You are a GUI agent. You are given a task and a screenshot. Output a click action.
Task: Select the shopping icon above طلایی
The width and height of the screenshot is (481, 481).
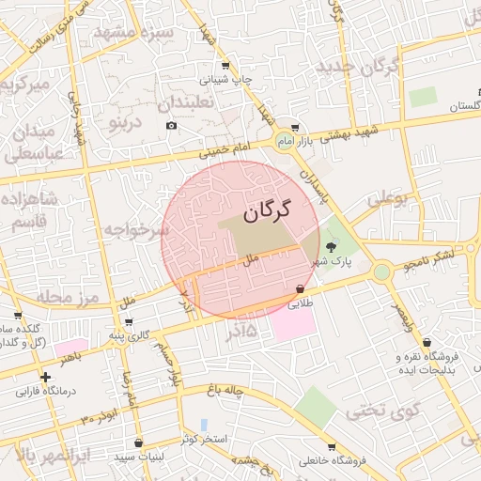click(x=300, y=289)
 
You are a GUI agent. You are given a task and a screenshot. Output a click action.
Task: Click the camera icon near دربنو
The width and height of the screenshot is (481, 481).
click(x=171, y=125)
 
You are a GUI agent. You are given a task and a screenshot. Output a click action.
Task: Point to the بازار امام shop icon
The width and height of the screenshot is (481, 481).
click(x=296, y=127)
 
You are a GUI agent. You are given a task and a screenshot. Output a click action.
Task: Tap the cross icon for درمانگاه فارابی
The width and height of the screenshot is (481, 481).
click(x=44, y=376)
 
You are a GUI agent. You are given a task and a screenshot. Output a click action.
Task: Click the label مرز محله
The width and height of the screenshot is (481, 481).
click(x=68, y=297)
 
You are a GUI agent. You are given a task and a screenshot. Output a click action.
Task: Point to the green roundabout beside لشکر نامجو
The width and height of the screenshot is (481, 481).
click(x=381, y=272)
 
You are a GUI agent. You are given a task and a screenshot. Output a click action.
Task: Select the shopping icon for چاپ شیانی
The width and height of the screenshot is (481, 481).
click(x=225, y=65)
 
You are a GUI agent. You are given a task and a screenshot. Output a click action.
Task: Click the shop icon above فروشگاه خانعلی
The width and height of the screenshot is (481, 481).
click(x=331, y=447)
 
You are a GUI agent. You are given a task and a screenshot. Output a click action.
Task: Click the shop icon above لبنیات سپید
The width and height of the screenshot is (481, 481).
click(x=139, y=442)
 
